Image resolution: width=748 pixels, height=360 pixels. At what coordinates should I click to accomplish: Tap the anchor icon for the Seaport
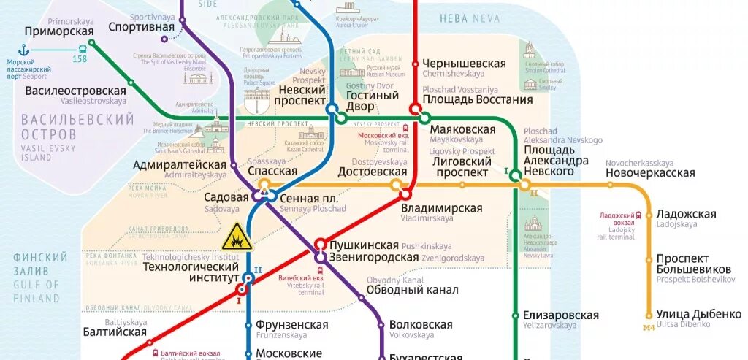pyautogui.click(x=23, y=50)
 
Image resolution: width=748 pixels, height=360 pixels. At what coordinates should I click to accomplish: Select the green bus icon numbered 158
pyautogui.click(x=80, y=50)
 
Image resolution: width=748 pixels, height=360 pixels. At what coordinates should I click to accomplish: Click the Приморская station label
pyautogui.click(x=59, y=31)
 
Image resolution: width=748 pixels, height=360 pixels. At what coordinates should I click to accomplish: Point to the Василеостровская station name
pyautogui.click(x=75, y=91)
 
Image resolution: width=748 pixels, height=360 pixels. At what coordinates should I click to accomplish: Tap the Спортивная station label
pyautogui.click(x=142, y=27)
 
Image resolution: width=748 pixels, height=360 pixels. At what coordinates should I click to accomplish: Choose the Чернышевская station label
pyautogui.click(x=464, y=64)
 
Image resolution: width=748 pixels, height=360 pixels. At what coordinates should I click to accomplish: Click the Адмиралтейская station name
pyautogui.click(x=180, y=165)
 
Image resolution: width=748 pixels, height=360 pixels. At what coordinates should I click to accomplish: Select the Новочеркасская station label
pyautogui.click(x=650, y=173)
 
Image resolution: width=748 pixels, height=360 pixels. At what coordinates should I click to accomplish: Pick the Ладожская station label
pyautogui.click(x=686, y=214)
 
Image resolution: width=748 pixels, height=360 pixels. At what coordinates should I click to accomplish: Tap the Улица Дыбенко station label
pyautogui.click(x=698, y=314)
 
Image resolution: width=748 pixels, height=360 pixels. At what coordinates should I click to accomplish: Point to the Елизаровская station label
pyautogui.click(x=560, y=315)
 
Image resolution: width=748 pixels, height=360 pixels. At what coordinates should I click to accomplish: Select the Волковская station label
pyautogui.click(x=421, y=325)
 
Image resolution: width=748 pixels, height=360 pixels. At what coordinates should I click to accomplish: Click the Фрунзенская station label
pyautogui.click(x=291, y=325)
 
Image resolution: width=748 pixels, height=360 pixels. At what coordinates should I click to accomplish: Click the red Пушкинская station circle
pyautogui.click(x=320, y=245)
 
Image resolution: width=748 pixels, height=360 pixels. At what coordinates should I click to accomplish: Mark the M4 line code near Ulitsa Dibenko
pyautogui.click(x=649, y=327)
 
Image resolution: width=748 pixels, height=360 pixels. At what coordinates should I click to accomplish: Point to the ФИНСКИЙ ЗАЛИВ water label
pyautogui.click(x=40, y=264)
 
